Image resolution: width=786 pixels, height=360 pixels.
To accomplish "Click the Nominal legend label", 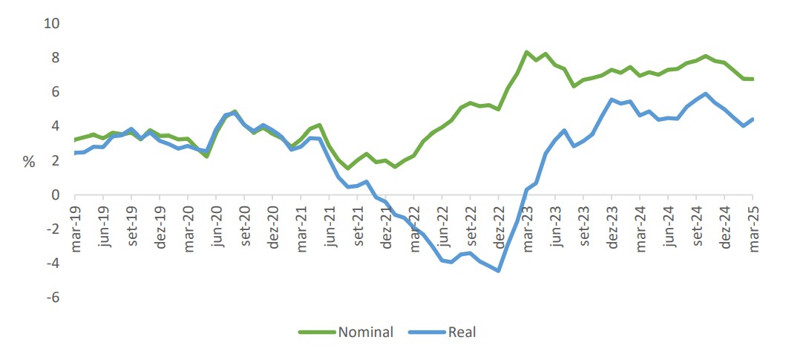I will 365,332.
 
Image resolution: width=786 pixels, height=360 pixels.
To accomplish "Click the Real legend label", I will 462,332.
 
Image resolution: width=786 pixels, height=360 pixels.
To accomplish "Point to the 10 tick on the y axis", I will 52,24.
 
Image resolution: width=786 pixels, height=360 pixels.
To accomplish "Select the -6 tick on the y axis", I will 52,298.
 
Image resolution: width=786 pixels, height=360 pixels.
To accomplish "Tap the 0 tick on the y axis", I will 56,195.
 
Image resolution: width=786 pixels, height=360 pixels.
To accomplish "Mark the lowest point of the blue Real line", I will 498,270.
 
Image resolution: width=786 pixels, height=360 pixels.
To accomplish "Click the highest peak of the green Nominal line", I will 526,52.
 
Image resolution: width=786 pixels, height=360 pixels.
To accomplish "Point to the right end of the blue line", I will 753,119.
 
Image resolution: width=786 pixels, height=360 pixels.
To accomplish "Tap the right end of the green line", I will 753,79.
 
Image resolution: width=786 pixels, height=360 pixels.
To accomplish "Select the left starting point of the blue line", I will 76,153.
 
